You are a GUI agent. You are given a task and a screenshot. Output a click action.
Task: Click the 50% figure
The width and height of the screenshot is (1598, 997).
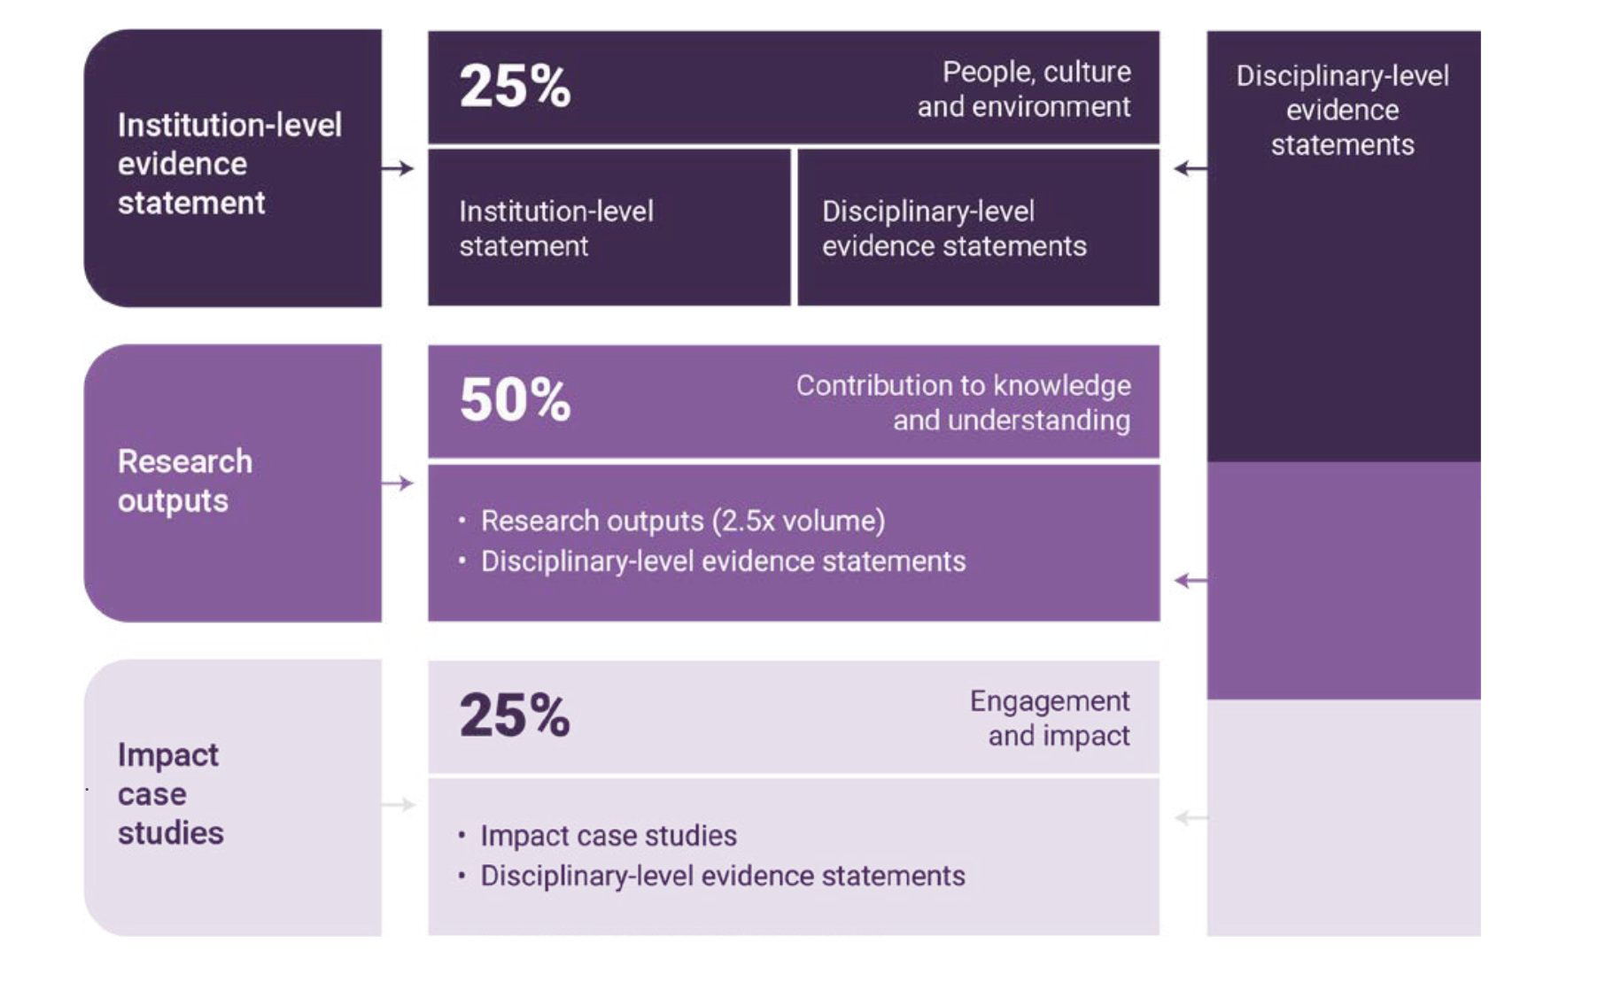[x=515, y=399]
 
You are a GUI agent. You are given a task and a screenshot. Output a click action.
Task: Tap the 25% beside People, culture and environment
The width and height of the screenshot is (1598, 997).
[x=515, y=86]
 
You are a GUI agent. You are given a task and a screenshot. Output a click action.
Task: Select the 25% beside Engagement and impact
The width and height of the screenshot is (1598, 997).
[x=515, y=715]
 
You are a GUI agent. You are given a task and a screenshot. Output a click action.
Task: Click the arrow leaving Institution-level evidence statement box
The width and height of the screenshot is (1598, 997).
[x=398, y=168]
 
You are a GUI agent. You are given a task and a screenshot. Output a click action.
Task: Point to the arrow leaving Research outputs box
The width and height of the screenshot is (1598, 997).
[x=398, y=483]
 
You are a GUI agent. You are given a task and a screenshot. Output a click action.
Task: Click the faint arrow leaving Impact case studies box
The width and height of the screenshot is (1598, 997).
[x=398, y=804]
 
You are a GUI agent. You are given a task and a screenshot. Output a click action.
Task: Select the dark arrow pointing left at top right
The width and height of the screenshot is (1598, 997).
[x=1190, y=168]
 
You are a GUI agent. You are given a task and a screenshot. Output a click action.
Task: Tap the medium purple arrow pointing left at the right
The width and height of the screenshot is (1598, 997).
[x=1190, y=581]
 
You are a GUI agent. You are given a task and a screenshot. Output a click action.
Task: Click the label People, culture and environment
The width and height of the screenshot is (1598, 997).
[x=1025, y=89]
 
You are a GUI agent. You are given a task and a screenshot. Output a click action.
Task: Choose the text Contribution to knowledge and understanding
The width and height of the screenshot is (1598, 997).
[x=964, y=402]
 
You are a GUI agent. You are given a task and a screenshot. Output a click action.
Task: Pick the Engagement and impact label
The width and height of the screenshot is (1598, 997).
[x=1051, y=717]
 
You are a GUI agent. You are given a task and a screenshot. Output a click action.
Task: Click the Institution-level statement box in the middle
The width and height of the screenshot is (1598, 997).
[x=609, y=228]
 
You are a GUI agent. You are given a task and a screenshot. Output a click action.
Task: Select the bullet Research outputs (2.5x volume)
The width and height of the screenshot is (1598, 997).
[x=682, y=521]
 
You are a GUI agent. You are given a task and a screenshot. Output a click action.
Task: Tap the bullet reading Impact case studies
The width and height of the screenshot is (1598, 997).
[x=608, y=835]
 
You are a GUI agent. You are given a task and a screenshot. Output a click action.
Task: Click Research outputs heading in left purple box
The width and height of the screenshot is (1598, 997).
[x=185, y=481]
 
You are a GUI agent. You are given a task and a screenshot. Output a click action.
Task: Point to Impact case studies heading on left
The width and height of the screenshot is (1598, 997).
[x=170, y=793]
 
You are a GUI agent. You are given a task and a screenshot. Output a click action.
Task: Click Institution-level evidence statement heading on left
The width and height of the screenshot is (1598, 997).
[x=229, y=164]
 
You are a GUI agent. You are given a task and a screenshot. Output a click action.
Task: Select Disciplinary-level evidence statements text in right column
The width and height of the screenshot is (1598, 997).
[x=1342, y=110]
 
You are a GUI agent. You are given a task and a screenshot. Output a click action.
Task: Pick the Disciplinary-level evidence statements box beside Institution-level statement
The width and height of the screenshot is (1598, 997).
[x=978, y=228]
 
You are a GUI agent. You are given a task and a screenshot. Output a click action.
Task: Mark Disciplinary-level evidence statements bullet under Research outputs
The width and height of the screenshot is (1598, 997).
[x=722, y=561]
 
